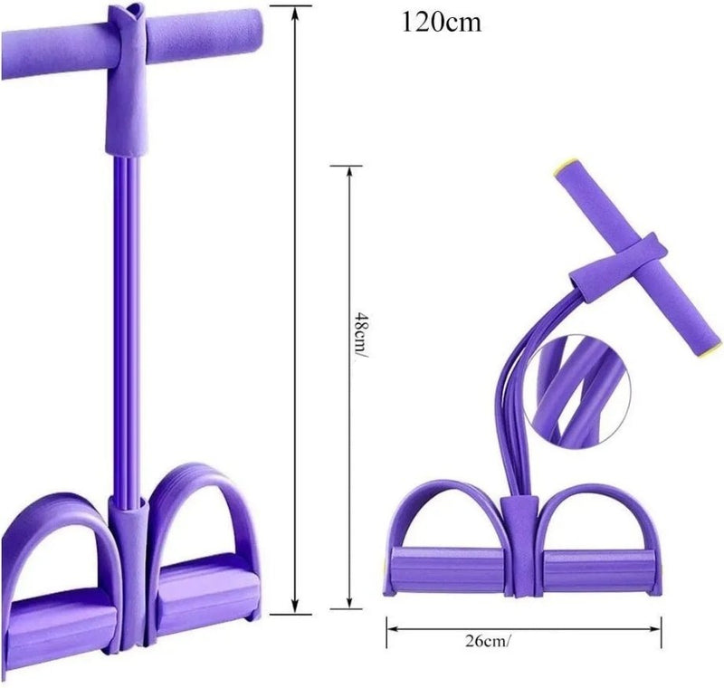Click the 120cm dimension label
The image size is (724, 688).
click(x=442, y=22)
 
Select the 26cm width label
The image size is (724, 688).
click(x=488, y=641)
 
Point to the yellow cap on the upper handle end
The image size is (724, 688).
click(x=563, y=167)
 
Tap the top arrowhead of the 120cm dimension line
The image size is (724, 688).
click(x=296, y=13)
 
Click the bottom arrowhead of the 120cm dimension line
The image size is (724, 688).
click(x=296, y=607)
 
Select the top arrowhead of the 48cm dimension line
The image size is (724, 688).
click(x=349, y=172)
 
